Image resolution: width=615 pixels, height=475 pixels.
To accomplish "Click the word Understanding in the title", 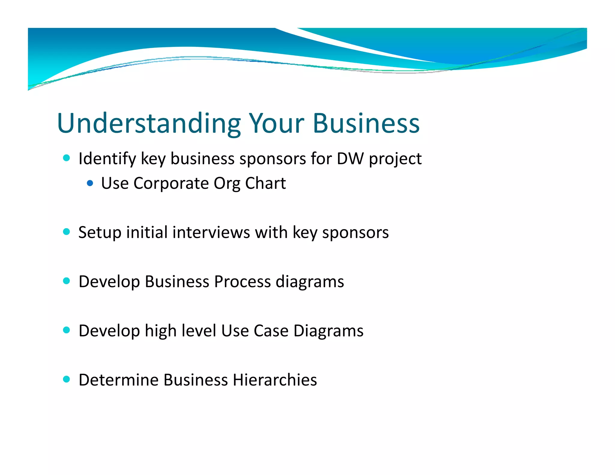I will click(149, 123).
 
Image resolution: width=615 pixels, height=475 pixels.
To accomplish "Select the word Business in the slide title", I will click(366, 123).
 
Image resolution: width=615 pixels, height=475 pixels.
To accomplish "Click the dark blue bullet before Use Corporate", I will click(90, 183).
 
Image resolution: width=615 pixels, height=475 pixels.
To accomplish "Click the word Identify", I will click(107, 159).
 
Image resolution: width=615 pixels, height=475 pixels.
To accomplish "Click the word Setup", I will click(100, 233).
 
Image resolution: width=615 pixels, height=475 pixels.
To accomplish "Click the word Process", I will click(242, 282).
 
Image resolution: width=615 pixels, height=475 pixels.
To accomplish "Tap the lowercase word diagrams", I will click(310, 282).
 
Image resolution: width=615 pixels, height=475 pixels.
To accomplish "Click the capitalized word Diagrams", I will click(329, 331).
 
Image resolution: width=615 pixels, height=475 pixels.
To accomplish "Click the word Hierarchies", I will click(275, 380).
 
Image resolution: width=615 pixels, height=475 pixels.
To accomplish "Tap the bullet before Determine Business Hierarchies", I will click(67, 379).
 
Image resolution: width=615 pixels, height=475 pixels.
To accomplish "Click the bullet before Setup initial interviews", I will click(67, 231).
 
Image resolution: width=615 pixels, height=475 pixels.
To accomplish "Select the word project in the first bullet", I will click(395, 159).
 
